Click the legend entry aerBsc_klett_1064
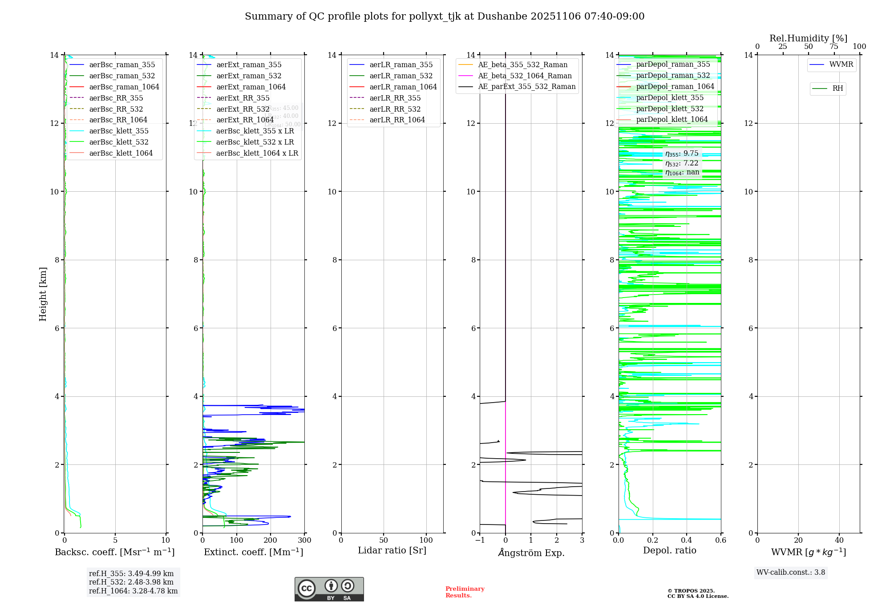coord(121,153)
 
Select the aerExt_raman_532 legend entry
coord(249,76)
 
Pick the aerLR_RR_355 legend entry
coord(395,98)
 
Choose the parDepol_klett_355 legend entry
coord(670,97)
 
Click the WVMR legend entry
coord(841,65)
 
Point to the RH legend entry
coord(837,89)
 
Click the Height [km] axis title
coord(43,294)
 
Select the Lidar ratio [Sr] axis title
coord(392,550)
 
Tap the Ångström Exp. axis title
coord(531,553)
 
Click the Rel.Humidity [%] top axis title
coord(808,38)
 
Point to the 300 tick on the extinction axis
coord(305,540)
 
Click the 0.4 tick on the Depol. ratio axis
coord(687,540)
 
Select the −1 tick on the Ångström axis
coord(479,540)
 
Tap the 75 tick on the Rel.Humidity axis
coord(834,47)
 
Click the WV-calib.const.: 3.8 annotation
coord(791,573)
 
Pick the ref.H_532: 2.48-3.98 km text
coord(131,582)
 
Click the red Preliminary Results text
coord(465,592)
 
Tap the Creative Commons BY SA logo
coord(329,589)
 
